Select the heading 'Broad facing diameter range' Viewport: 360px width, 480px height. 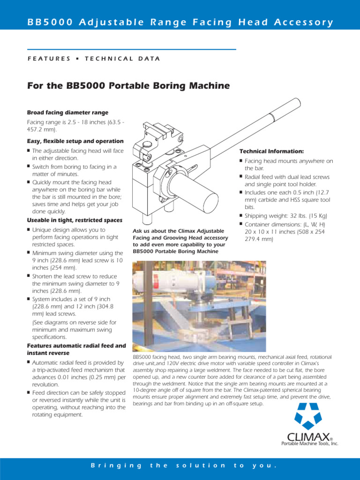click(x=67, y=112)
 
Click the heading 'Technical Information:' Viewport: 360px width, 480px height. click(x=271, y=151)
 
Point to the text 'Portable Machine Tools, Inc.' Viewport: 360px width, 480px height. click(x=309, y=443)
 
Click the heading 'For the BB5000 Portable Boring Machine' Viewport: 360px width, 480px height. click(x=128, y=86)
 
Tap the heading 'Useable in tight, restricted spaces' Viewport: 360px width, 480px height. click(x=75, y=220)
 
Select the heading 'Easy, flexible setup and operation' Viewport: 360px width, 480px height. click(x=75, y=141)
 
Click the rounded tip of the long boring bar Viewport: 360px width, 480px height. click(x=296, y=102)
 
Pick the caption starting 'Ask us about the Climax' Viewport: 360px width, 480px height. click(x=180, y=240)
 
